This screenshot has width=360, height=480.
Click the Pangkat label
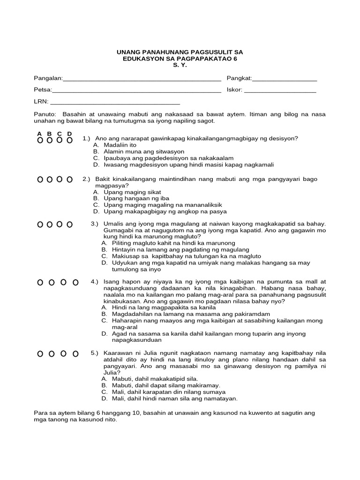point(239,78)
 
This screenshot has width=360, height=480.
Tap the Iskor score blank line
point(280,90)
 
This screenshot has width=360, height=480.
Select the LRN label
point(41,102)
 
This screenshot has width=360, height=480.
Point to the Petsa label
point(42,90)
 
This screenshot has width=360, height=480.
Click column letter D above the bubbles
point(69,134)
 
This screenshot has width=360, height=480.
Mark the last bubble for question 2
point(69,180)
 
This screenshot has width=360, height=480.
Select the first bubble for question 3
point(40,225)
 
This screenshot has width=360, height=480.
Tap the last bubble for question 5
point(75,353)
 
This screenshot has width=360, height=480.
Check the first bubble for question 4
point(40,282)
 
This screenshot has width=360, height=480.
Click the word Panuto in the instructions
point(45,114)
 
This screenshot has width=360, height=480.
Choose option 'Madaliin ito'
point(120,145)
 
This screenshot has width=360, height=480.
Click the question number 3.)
point(95,224)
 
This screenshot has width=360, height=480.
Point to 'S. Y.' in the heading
point(180,65)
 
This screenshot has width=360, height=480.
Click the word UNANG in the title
point(128,52)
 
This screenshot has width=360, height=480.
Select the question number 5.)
point(95,353)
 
